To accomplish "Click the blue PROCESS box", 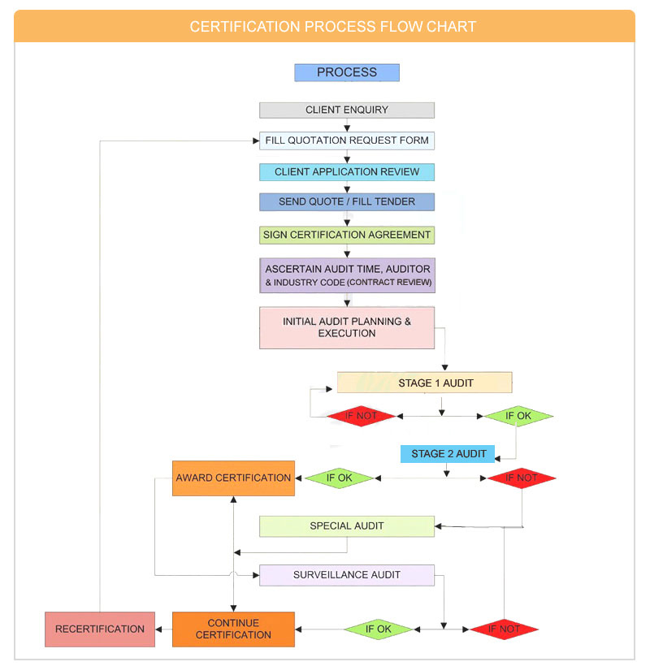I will [x=347, y=72].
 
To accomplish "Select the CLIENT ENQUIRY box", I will [x=347, y=110].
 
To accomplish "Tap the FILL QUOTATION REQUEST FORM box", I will [x=347, y=141].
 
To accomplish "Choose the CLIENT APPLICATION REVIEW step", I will [x=347, y=172].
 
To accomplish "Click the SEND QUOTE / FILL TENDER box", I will [x=347, y=202].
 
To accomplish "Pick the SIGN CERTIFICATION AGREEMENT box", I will [x=347, y=235].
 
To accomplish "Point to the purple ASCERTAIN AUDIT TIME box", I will [x=347, y=275].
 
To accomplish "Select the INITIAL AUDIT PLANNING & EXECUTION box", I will [x=347, y=327].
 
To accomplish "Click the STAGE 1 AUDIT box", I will [x=425, y=383].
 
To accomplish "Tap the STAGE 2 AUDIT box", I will [x=448, y=454].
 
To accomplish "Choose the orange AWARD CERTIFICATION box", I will [x=233, y=478].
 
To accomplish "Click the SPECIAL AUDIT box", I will [x=347, y=526].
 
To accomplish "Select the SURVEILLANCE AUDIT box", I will [x=347, y=575].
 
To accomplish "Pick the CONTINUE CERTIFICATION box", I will [x=233, y=629].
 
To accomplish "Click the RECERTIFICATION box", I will [x=100, y=629].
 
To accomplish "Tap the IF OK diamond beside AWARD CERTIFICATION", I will [x=339, y=478].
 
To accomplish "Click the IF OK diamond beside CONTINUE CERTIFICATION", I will [x=379, y=629].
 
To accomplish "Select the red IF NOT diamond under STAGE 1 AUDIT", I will [x=361, y=417].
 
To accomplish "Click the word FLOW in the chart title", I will [x=397, y=27].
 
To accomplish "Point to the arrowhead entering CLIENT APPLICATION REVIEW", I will [x=347, y=161].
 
